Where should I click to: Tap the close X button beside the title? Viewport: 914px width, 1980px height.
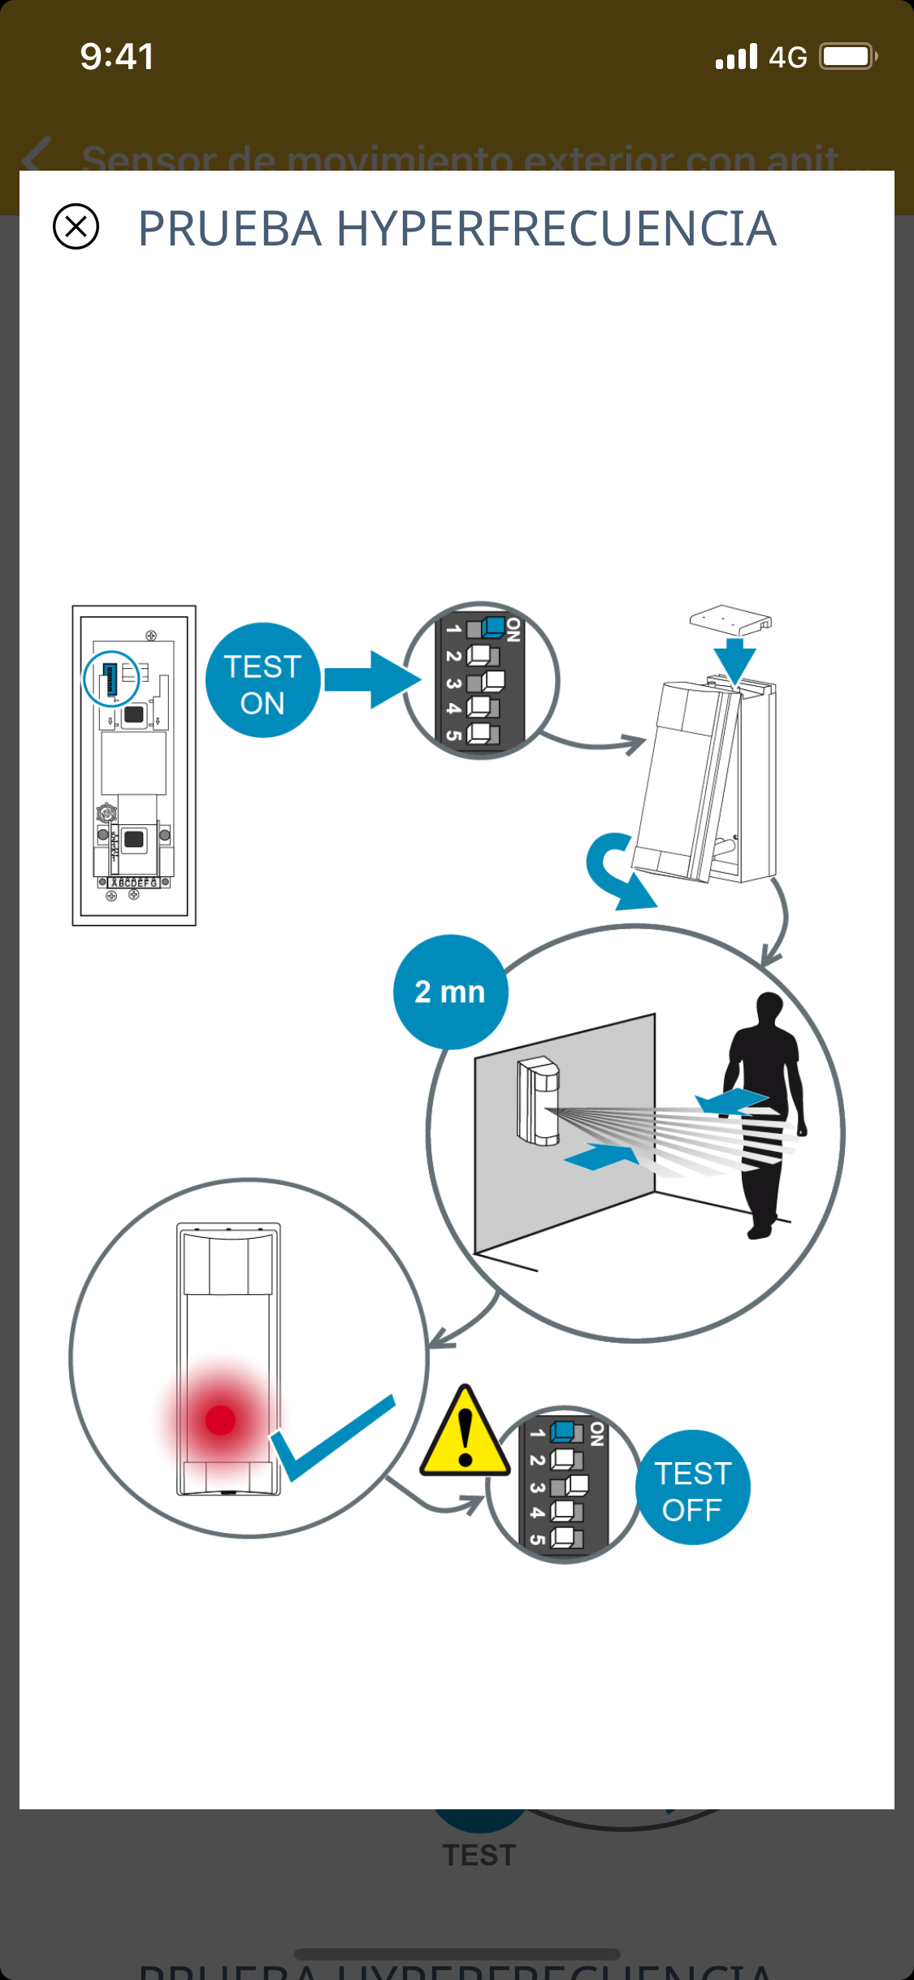point(76,226)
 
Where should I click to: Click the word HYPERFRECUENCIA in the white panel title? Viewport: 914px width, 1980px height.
point(556,228)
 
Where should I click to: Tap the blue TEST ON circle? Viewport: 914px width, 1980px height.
point(262,681)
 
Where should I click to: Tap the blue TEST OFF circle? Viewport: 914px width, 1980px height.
point(692,1487)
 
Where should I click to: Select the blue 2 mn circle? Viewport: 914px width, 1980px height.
point(450,992)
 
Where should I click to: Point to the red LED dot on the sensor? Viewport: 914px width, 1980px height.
point(220,1420)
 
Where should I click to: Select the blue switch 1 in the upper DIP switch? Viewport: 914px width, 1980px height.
point(492,627)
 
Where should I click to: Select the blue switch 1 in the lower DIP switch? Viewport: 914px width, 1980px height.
point(563,1431)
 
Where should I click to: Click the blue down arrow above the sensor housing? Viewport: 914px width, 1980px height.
point(734,661)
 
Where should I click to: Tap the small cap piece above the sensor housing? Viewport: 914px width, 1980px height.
point(730,620)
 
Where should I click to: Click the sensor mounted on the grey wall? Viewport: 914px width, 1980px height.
point(538,1101)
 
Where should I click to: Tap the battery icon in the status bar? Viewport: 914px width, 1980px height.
point(847,57)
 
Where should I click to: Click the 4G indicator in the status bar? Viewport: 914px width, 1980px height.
point(787,58)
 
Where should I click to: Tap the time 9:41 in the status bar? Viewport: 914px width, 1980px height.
point(117,57)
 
